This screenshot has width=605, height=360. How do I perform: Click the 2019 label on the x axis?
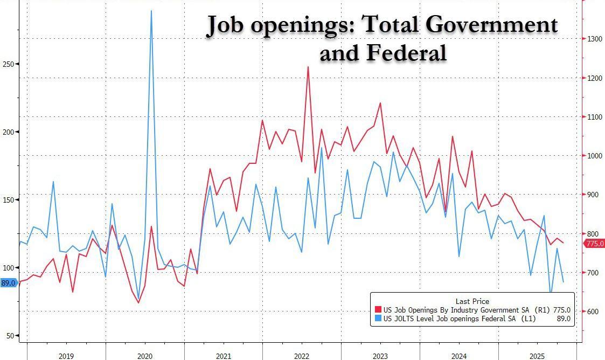66,356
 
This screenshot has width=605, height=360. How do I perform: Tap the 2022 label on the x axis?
302,356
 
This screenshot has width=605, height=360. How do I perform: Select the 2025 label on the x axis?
537,356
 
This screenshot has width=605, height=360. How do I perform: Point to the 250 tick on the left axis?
9,64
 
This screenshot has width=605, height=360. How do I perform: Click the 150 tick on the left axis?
9,200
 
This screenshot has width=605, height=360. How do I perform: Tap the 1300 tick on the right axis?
595,39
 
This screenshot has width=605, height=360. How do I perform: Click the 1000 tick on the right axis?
595,156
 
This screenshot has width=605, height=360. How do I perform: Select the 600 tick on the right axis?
593,311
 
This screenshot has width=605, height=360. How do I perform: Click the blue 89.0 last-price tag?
8,282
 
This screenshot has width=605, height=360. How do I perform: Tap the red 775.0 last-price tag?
595,244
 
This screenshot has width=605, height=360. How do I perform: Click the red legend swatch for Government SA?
378,310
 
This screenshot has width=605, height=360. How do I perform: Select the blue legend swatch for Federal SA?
378,319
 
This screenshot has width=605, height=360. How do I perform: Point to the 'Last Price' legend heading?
472,301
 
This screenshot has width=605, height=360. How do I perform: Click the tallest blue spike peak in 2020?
151,11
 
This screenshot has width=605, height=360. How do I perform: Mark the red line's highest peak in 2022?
308,67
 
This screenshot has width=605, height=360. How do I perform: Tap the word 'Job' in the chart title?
226,25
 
